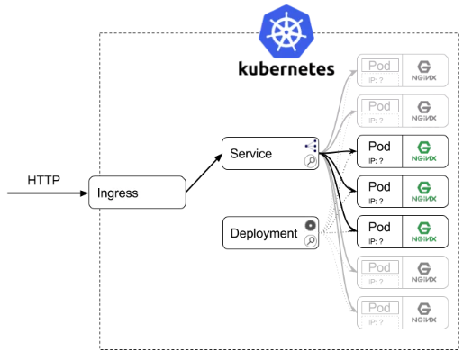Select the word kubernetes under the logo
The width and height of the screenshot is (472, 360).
[x=286, y=69]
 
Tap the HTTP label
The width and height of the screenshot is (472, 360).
[x=43, y=179]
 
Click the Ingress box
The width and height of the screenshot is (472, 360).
[x=136, y=193]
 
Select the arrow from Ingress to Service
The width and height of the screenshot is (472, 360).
[x=204, y=173]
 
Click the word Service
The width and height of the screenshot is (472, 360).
[x=251, y=154]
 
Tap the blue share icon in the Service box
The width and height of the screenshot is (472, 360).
[x=311, y=146]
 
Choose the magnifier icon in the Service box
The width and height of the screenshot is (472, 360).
[x=310, y=162]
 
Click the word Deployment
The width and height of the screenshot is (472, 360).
[x=264, y=233]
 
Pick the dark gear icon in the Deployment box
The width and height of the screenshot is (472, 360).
[x=311, y=225]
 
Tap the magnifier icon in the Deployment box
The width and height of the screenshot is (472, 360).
[x=310, y=241]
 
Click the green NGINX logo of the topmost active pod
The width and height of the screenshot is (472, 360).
[x=424, y=150]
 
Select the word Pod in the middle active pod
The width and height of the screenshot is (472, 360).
[x=380, y=186]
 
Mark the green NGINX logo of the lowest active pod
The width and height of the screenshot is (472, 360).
[x=424, y=231]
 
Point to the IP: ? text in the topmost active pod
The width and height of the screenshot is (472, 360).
[x=377, y=161]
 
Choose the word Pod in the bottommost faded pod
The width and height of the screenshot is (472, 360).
[x=380, y=307]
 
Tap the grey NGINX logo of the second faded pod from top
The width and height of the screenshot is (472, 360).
[x=424, y=110]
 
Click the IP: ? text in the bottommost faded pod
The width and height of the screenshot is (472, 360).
[x=377, y=321]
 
